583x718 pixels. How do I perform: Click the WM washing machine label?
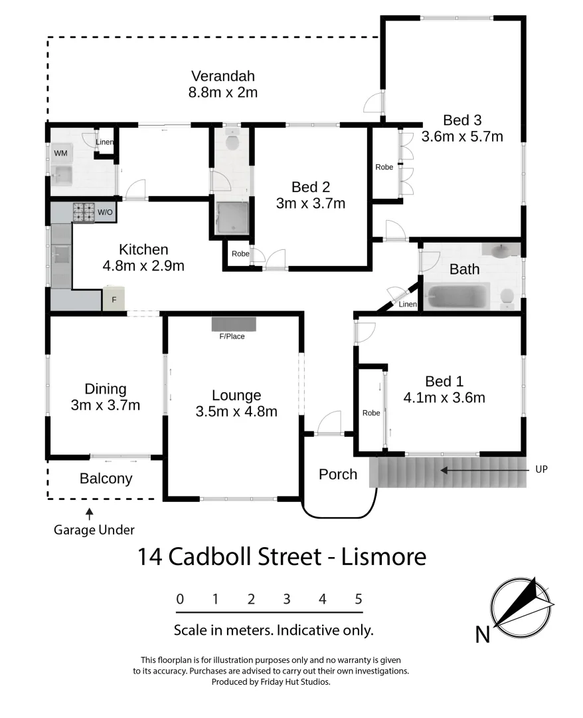pos(60,154)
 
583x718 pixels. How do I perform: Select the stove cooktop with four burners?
pos(84,213)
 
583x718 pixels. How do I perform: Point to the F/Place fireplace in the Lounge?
pos(232,324)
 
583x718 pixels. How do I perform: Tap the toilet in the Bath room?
pos(507,299)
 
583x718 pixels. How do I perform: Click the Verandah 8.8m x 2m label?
pos(222,84)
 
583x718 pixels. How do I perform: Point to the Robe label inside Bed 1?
pos(371,413)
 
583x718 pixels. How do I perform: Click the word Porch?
pos(338,474)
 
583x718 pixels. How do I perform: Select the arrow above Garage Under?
pos(89,513)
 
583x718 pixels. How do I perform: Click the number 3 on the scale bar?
pos(287,599)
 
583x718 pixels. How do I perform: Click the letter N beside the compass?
pos(483,635)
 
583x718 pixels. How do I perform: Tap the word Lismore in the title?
pos(383,556)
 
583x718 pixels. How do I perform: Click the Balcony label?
pos(106,478)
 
